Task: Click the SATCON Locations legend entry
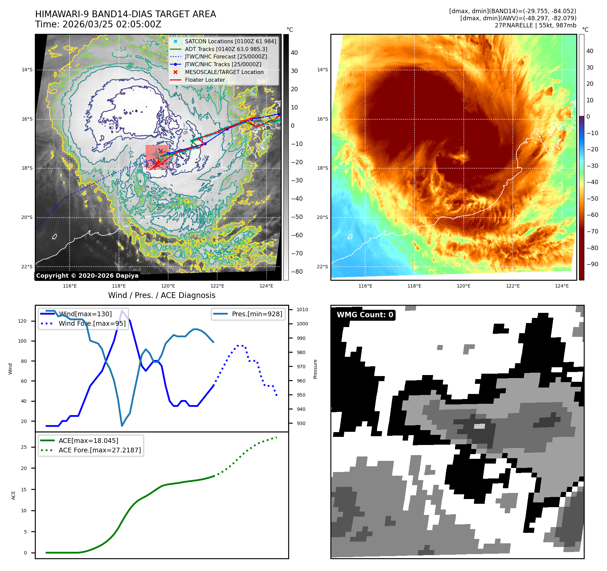pos(230,41)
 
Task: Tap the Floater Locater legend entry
pos(205,80)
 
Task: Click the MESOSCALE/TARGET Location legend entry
pos(224,72)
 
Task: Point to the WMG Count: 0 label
pos(365,315)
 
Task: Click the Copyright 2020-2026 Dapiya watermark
pos(87,276)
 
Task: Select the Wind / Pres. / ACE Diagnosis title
pos(161,295)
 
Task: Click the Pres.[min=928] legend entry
pos(257,314)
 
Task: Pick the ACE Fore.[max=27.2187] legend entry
pos(100,450)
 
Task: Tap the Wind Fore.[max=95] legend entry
pos(92,323)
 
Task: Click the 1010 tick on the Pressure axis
pos(302,309)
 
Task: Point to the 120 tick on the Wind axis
pos(22,321)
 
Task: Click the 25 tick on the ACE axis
pos(24,447)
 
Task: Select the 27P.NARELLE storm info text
pos(535,25)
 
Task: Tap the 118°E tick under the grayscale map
pos(119,286)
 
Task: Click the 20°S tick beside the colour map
pos(322,217)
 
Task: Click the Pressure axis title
pos(315,369)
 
